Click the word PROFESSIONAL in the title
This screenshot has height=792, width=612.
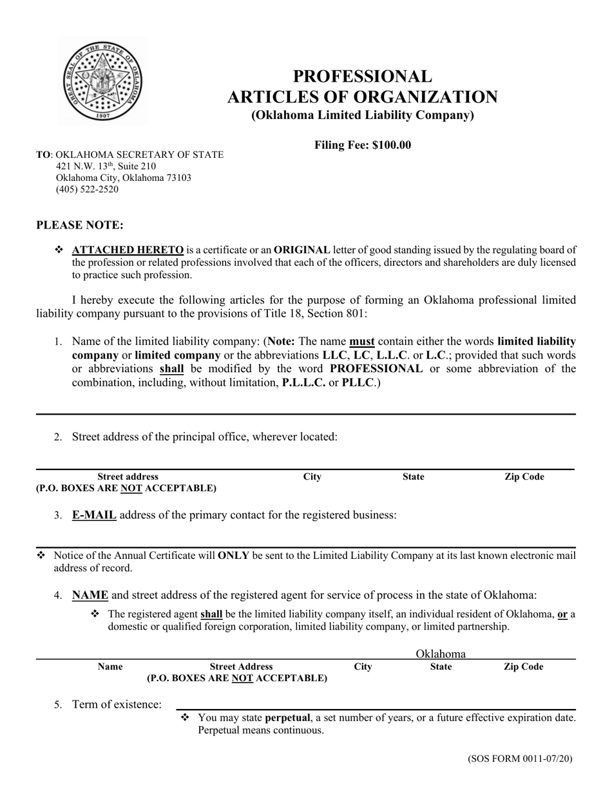coord(363,77)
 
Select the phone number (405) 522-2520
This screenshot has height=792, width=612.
coord(87,189)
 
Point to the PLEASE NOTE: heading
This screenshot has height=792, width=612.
coord(80,225)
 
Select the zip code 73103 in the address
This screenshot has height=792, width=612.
coord(178,178)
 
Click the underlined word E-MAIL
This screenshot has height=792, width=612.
coord(94,515)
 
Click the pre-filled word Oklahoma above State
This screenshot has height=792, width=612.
coord(441,654)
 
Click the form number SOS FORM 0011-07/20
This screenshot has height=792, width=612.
coord(520,759)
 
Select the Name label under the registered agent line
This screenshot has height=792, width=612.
coord(110,667)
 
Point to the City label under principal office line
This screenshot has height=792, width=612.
coord(312,477)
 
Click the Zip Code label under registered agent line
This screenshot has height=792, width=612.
coord(523,667)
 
